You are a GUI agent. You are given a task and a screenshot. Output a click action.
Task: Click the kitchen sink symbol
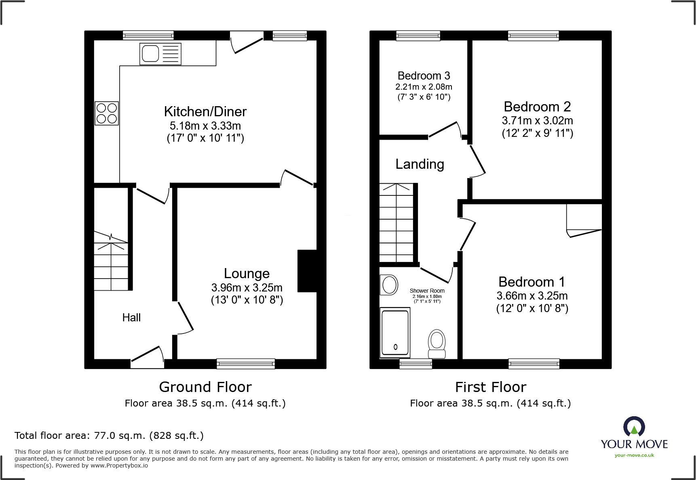(160, 54)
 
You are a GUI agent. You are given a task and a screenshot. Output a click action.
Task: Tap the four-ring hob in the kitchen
(107, 113)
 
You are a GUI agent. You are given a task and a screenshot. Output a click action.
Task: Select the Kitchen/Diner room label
(205, 111)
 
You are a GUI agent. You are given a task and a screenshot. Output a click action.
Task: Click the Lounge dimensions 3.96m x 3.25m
(247, 287)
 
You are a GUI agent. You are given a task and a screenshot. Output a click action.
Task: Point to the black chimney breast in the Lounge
(307, 271)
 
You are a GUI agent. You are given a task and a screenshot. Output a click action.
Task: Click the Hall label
(131, 318)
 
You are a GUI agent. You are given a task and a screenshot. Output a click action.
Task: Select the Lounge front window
(246, 364)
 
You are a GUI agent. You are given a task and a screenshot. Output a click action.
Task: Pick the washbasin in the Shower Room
(389, 285)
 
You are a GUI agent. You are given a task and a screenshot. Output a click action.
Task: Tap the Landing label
(420, 164)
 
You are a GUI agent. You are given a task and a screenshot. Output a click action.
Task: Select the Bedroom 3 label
(424, 76)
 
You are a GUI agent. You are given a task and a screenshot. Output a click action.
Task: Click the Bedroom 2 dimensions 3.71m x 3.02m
(537, 120)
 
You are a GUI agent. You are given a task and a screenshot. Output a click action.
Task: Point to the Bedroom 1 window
(534, 364)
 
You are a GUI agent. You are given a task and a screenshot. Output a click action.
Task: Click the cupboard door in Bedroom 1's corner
(584, 233)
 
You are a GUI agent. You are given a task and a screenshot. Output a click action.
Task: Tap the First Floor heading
(490, 387)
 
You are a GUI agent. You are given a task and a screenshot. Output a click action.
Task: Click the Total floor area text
(109, 436)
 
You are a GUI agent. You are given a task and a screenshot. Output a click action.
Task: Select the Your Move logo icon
(634, 427)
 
